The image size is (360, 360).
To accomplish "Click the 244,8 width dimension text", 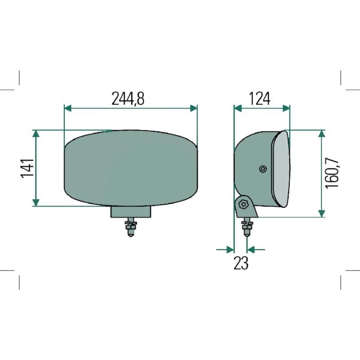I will click(128, 99).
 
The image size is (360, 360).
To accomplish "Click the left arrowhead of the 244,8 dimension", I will click(68, 108).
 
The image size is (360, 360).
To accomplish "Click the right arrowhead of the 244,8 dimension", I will click(193, 108).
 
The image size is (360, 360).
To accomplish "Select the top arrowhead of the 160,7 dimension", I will click(321, 134).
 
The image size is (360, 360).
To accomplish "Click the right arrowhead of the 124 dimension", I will click(286, 108).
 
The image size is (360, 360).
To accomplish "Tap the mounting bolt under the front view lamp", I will click(131, 228).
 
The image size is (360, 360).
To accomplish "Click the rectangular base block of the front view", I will click(131, 211).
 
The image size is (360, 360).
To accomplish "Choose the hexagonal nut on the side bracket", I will click(244, 203).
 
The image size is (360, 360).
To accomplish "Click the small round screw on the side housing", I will click(263, 169).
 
